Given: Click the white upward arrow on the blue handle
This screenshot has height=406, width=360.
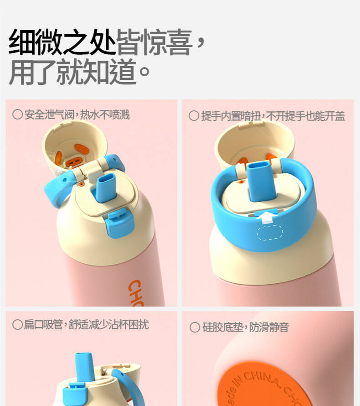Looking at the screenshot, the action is (266, 217).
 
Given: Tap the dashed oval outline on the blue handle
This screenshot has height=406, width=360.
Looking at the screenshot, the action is (270, 232).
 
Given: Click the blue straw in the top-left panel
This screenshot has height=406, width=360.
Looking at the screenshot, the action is (105, 187).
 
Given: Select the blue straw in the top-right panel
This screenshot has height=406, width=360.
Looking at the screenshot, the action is (260, 181).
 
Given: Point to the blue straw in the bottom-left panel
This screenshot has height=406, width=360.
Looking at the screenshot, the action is (84, 367).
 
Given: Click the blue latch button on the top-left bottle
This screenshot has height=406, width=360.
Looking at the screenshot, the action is (119, 224).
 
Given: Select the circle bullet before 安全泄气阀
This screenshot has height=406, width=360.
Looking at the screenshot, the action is (17, 114).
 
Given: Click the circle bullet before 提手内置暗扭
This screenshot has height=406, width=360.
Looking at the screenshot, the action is (194, 116).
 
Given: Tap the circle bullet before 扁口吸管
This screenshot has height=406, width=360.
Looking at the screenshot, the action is (17, 324).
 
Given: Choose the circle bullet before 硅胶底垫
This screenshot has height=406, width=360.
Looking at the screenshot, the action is (195, 327).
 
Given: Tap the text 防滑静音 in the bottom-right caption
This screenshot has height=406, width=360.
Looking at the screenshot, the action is (269, 327).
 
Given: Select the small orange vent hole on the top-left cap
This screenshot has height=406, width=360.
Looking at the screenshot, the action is (82, 184).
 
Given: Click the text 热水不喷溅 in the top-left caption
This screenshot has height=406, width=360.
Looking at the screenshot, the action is (104, 115).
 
